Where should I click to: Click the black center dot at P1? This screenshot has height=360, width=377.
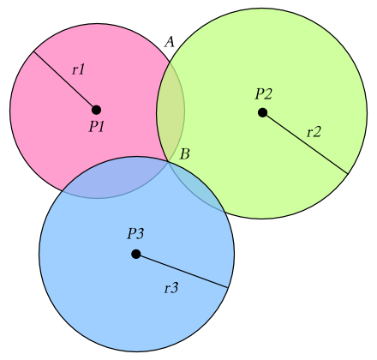(97, 110)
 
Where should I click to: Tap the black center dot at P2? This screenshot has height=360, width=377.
(262, 112)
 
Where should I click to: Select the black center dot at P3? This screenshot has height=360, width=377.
(136, 254)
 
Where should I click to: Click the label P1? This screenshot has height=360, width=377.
(96, 126)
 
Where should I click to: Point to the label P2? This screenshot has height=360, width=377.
(263, 93)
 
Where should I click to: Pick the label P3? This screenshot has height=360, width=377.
(135, 234)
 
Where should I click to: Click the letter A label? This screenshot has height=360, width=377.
(170, 42)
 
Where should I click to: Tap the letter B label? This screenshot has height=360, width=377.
(185, 154)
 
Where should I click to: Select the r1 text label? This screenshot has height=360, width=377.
(78, 69)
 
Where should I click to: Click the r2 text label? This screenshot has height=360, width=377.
(314, 132)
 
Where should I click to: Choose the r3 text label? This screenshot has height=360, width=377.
(171, 288)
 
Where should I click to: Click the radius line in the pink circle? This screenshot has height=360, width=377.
(65, 81)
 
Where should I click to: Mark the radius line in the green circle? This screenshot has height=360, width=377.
(305, 143)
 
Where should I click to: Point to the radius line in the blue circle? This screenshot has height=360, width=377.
(182, 271)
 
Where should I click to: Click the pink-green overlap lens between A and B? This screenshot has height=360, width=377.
(171, 112)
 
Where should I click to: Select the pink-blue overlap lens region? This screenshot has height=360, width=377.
(114, 177)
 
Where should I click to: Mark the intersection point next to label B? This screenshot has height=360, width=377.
(169, 162)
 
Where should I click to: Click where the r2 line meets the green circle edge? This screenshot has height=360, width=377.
(348, 174)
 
